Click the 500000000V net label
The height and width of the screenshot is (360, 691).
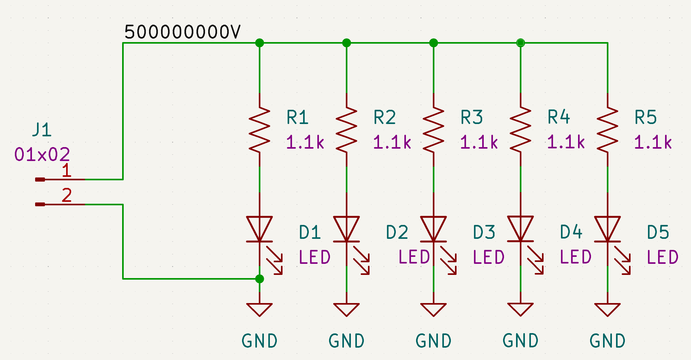tap(182, 32)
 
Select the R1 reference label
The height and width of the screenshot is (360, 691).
tap(297, 117)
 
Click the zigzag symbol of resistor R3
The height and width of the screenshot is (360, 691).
tap(433, 130)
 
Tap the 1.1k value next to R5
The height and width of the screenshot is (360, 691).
tap(653, 142)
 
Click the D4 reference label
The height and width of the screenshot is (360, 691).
tap(571, 232)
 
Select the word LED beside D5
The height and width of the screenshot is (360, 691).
tap(663, 257)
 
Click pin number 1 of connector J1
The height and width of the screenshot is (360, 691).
tap(66, 171)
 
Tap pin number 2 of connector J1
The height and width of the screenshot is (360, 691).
tap(66, 195)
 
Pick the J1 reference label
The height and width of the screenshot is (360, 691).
tap(42, 130)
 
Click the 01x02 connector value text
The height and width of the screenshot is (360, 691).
tap(42, 155)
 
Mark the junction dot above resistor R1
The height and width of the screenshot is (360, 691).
tap(259, 43)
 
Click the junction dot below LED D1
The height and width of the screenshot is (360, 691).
tap(259, 279)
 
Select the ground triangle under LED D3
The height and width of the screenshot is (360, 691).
tap(433, 309)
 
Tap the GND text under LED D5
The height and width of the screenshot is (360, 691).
tap(607, 341)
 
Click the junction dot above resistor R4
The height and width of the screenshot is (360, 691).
tap(520, 43)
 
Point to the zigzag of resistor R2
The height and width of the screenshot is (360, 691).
tap(346, 130)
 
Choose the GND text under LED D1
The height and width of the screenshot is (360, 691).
tap(259, 341)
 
